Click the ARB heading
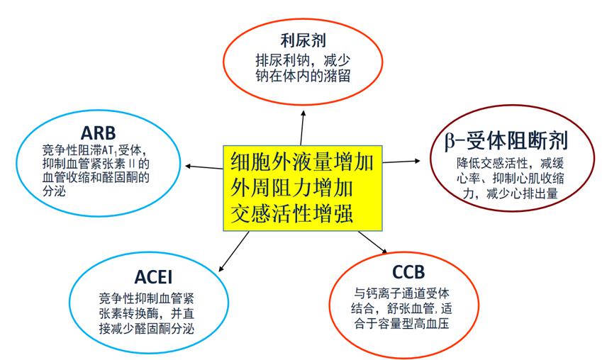(98, 133)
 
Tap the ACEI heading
(153, 277)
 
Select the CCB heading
(408, 272)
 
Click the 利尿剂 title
(303, 40)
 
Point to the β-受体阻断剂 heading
(506, 140)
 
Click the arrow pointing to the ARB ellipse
(204, 167)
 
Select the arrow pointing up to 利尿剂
(302, 128)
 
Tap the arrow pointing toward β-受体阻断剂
(401, 162)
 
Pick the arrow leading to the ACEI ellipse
(234, 252)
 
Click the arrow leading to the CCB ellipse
(373, 242)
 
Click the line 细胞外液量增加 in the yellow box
(302, 162)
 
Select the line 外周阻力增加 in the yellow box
(291, 188)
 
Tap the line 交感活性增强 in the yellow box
(291, 213)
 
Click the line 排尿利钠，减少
(303, 61)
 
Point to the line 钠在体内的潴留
(303, 75)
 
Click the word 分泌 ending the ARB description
(54, 191)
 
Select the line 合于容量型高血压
(401, 323)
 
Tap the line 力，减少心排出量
(511, 193)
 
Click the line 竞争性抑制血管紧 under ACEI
(146, 298)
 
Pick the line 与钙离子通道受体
(401, 293)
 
